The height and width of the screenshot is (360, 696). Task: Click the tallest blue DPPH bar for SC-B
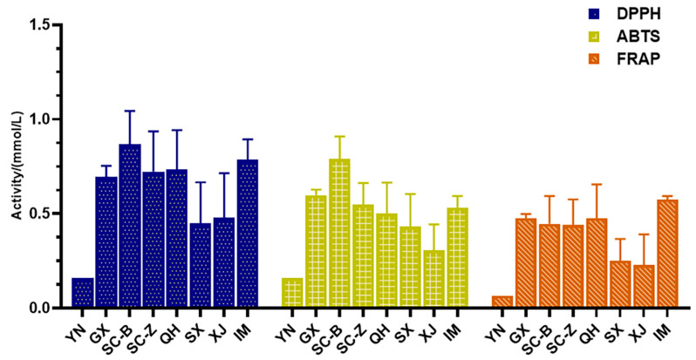130,227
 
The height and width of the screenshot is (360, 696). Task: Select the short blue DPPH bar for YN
83,293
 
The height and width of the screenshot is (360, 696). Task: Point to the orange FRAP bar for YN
502,302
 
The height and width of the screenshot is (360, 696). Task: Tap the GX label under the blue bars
104,323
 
